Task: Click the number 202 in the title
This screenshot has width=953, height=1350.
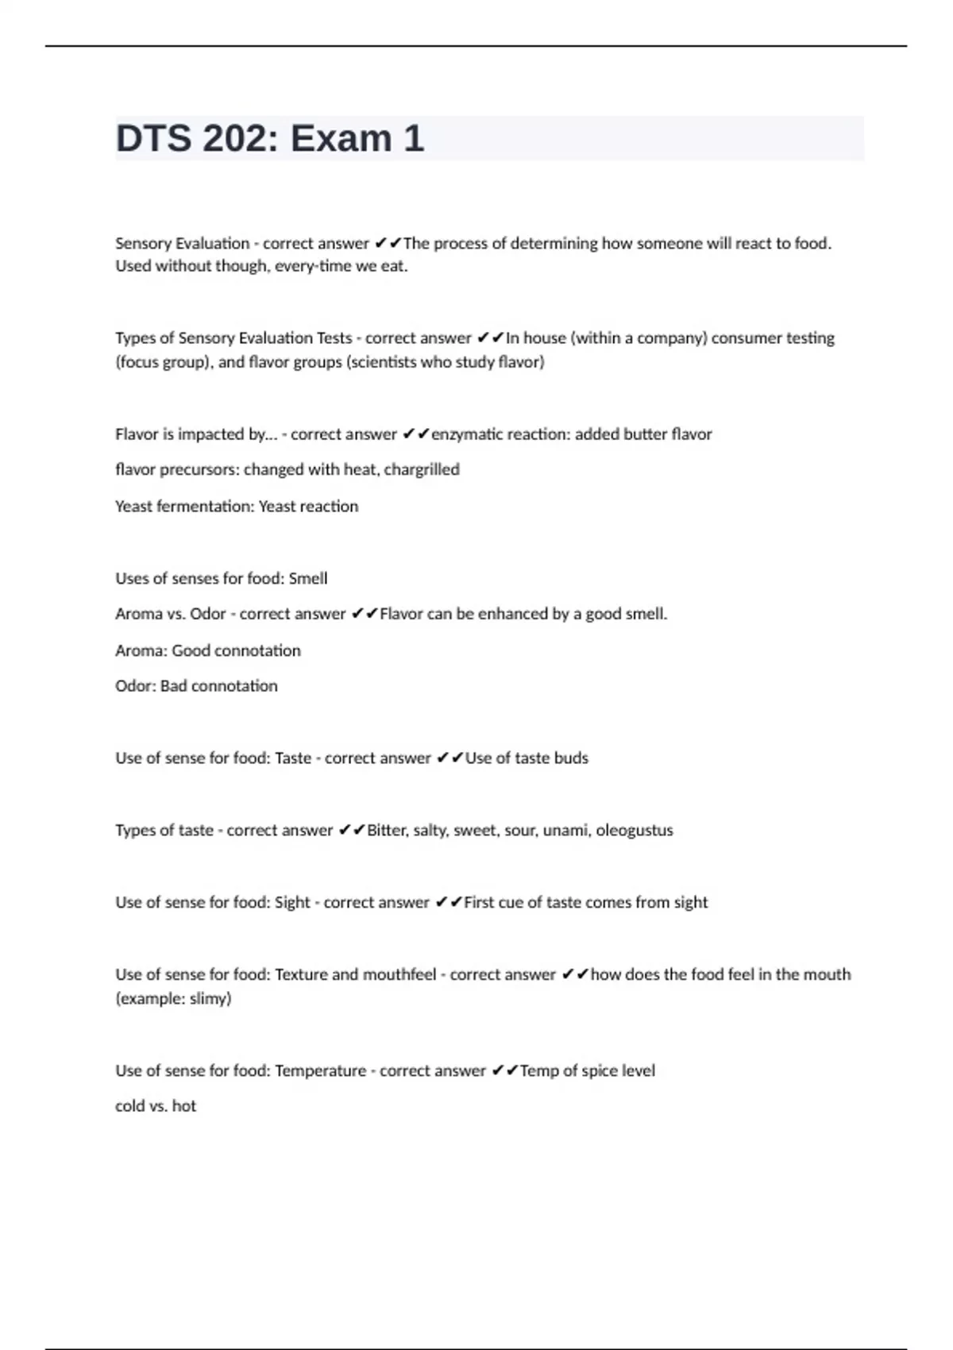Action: tap(237, 139)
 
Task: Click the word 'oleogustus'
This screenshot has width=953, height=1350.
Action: tap(635, 831)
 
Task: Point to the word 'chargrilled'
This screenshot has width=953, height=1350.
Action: tap(422, 469)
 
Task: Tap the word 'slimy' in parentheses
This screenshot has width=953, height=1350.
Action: tap(209, 998)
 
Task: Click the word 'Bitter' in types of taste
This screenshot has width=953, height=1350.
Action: tap(387, 831)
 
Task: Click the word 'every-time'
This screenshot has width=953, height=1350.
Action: tap(312, 266)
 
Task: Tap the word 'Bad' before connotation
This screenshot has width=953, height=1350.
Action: tap(174, 686)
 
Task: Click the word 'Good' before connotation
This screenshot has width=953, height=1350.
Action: tap(191, 651)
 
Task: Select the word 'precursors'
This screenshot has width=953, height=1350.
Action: tap(197, 469)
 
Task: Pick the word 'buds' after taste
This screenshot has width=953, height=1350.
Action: tap(571, 758)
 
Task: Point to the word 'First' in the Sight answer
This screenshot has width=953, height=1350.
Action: tap(479, 903)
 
